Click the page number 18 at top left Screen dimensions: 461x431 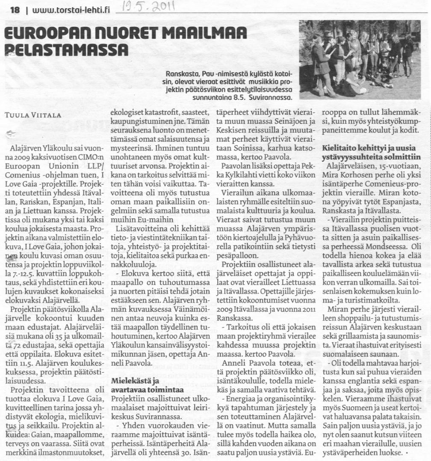pos(15,10)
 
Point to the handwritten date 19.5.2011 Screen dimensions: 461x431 pos(147,8)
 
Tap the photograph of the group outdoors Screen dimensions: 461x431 pos(360,59)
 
